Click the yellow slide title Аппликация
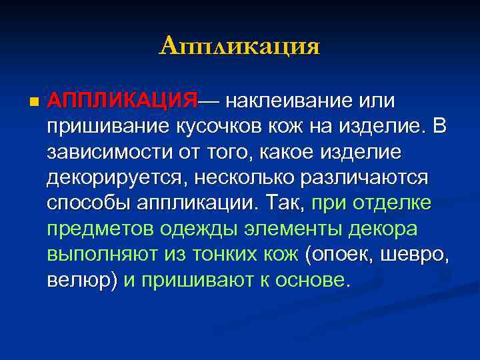pyautogui.click(x=240, y=46)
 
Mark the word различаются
pyautogui.click(x=365, y=177)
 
